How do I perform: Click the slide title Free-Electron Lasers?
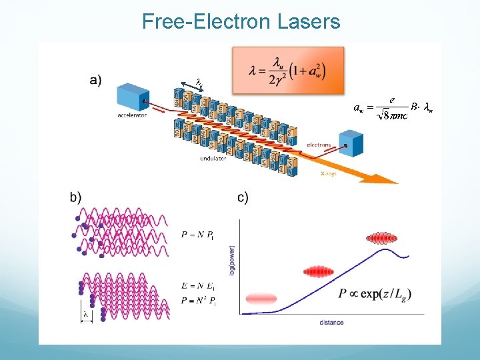tap(241, 22)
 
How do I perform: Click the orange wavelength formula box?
tap(287, 69)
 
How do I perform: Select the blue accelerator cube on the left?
tap(133, 97)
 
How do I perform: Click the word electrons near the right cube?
tap(319, 144)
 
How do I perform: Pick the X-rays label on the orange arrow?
tap(329, 173)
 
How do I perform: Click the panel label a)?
tap(95, 80)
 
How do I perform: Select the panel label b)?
tap(75, 197)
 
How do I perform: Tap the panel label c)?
tap(243, 197)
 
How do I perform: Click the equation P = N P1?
tap(197, 235)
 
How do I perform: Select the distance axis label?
tap(331, 323)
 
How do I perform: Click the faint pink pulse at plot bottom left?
tap(261, 299)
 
